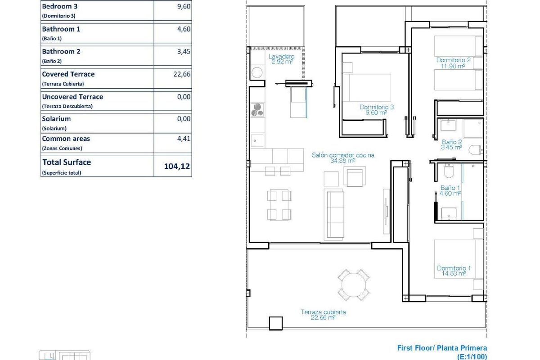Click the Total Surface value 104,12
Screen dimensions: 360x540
(177, 166)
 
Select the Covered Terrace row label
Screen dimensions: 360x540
(68, 74)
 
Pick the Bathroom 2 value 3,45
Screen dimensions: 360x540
(184, 51)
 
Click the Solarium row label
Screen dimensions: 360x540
(56, 119)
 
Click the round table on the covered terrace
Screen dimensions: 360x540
(354, 285)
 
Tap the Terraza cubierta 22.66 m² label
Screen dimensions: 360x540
(323, 315)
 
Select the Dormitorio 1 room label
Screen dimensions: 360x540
(454, 271)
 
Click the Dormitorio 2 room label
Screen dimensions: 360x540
(453, 63)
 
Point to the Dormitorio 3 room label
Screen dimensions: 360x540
(377, 110)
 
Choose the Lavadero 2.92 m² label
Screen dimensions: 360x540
(282, 59)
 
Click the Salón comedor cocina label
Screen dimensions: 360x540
(343, 157)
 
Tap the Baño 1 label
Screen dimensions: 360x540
(450, 191)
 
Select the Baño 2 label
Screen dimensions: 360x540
(451, 144)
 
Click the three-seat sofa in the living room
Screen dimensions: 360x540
(334, 213)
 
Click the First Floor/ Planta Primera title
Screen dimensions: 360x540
(442, 348)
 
